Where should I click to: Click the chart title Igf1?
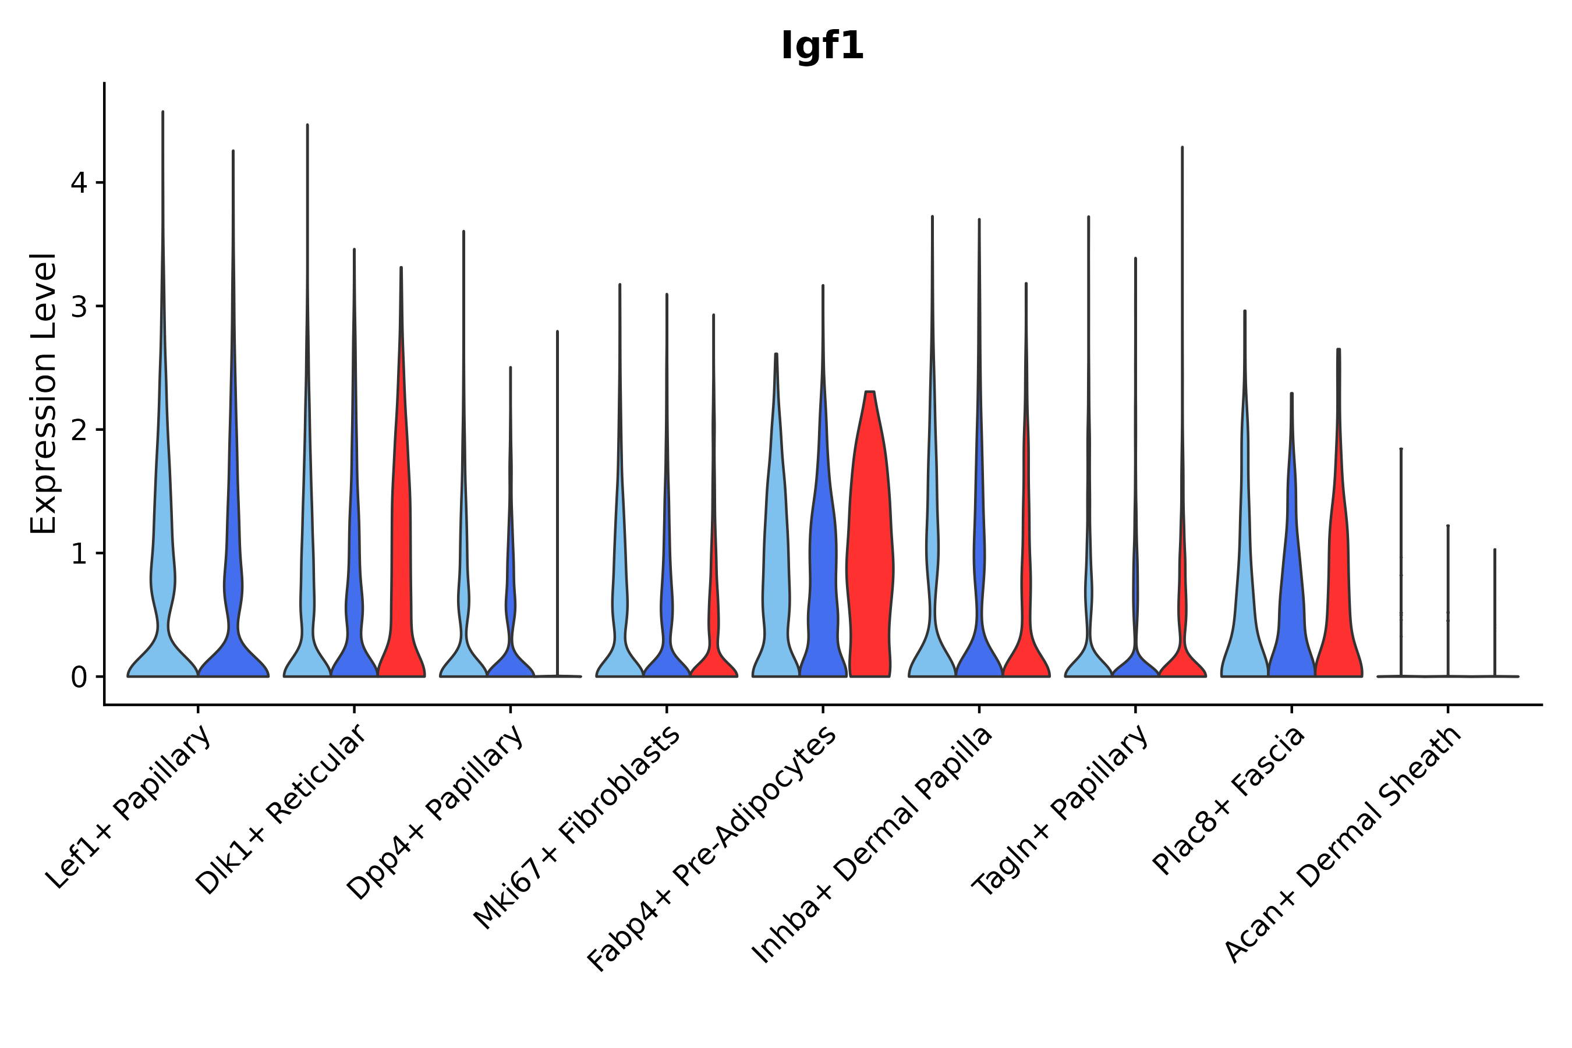click(822, 47)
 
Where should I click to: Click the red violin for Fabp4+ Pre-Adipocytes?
click(869, 568)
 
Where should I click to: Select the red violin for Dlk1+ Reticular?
click(401, 568)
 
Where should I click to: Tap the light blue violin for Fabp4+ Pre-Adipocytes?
click(776, 568)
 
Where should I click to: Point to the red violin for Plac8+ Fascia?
click(1338, 601)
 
